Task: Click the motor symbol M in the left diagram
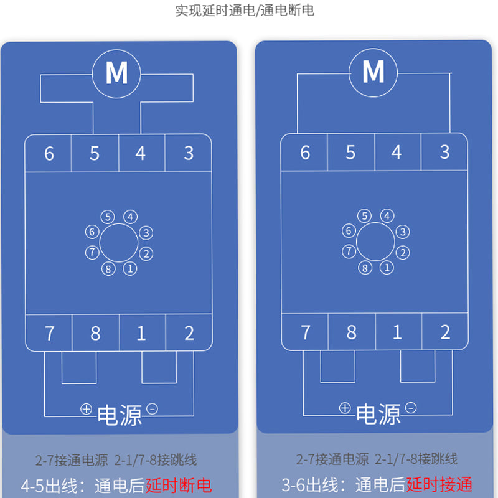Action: coord(116,73)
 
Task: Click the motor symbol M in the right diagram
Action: coord(373,72)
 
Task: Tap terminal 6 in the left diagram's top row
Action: coord(49,153)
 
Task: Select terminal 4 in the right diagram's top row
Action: coord(397,152)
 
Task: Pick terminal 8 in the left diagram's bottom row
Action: coord(95,333)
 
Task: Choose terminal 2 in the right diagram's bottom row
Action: coord(445,332)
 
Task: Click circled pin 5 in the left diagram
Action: coord(108,217)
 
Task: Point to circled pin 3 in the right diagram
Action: coord(403,232)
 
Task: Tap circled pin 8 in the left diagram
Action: coord(108,269)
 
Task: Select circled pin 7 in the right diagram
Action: coord(349,251)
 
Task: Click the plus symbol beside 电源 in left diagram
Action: coord(86,409)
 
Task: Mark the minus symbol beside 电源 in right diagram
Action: coord(411,408)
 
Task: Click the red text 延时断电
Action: coord(179,486)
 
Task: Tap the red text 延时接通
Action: coord(439,484)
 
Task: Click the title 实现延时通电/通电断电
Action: coord(245,11)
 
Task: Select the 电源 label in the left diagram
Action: coord(120,415)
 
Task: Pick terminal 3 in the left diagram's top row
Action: coord(189,153)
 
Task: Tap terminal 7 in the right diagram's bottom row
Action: coord(306,332)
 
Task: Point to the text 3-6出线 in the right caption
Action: coord(310,485)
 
